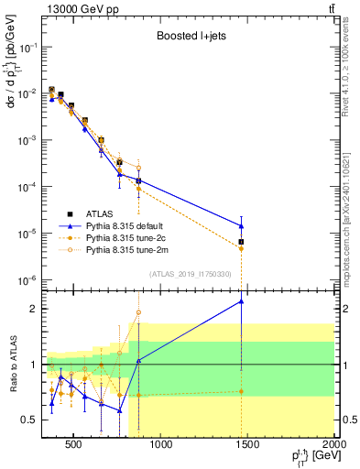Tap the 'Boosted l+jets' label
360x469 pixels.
(189, 38)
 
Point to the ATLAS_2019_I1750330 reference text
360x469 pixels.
(190, 274)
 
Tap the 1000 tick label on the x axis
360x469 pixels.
(161, 445)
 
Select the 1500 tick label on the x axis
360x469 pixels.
(248, 445)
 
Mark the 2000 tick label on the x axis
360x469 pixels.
(333, 445)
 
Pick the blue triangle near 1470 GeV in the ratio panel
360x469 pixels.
(241, 301)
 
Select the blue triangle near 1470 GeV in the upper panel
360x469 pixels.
(241, 226)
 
